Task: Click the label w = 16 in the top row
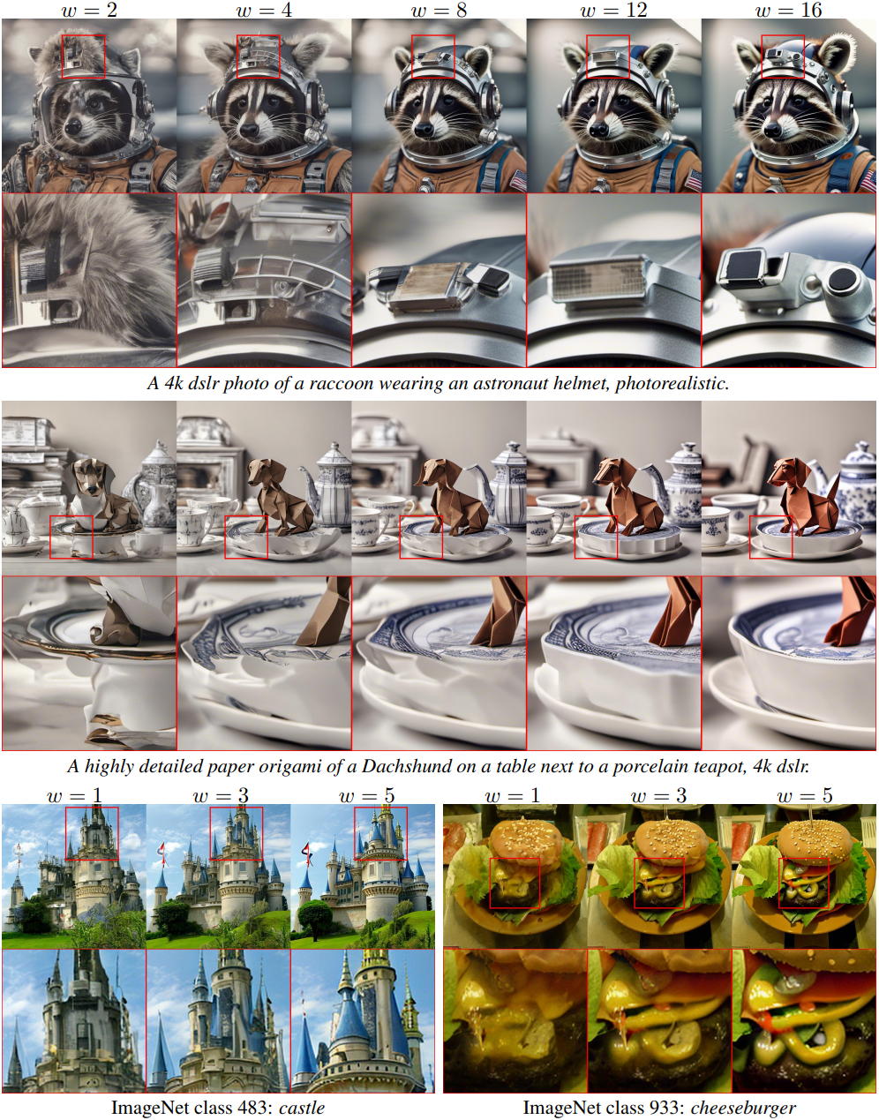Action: [788, 10]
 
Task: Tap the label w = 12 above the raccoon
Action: [613, 10]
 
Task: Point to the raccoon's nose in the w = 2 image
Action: [73, 126]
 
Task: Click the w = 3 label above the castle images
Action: [221, 796]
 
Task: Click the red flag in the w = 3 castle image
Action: [162, 849]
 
